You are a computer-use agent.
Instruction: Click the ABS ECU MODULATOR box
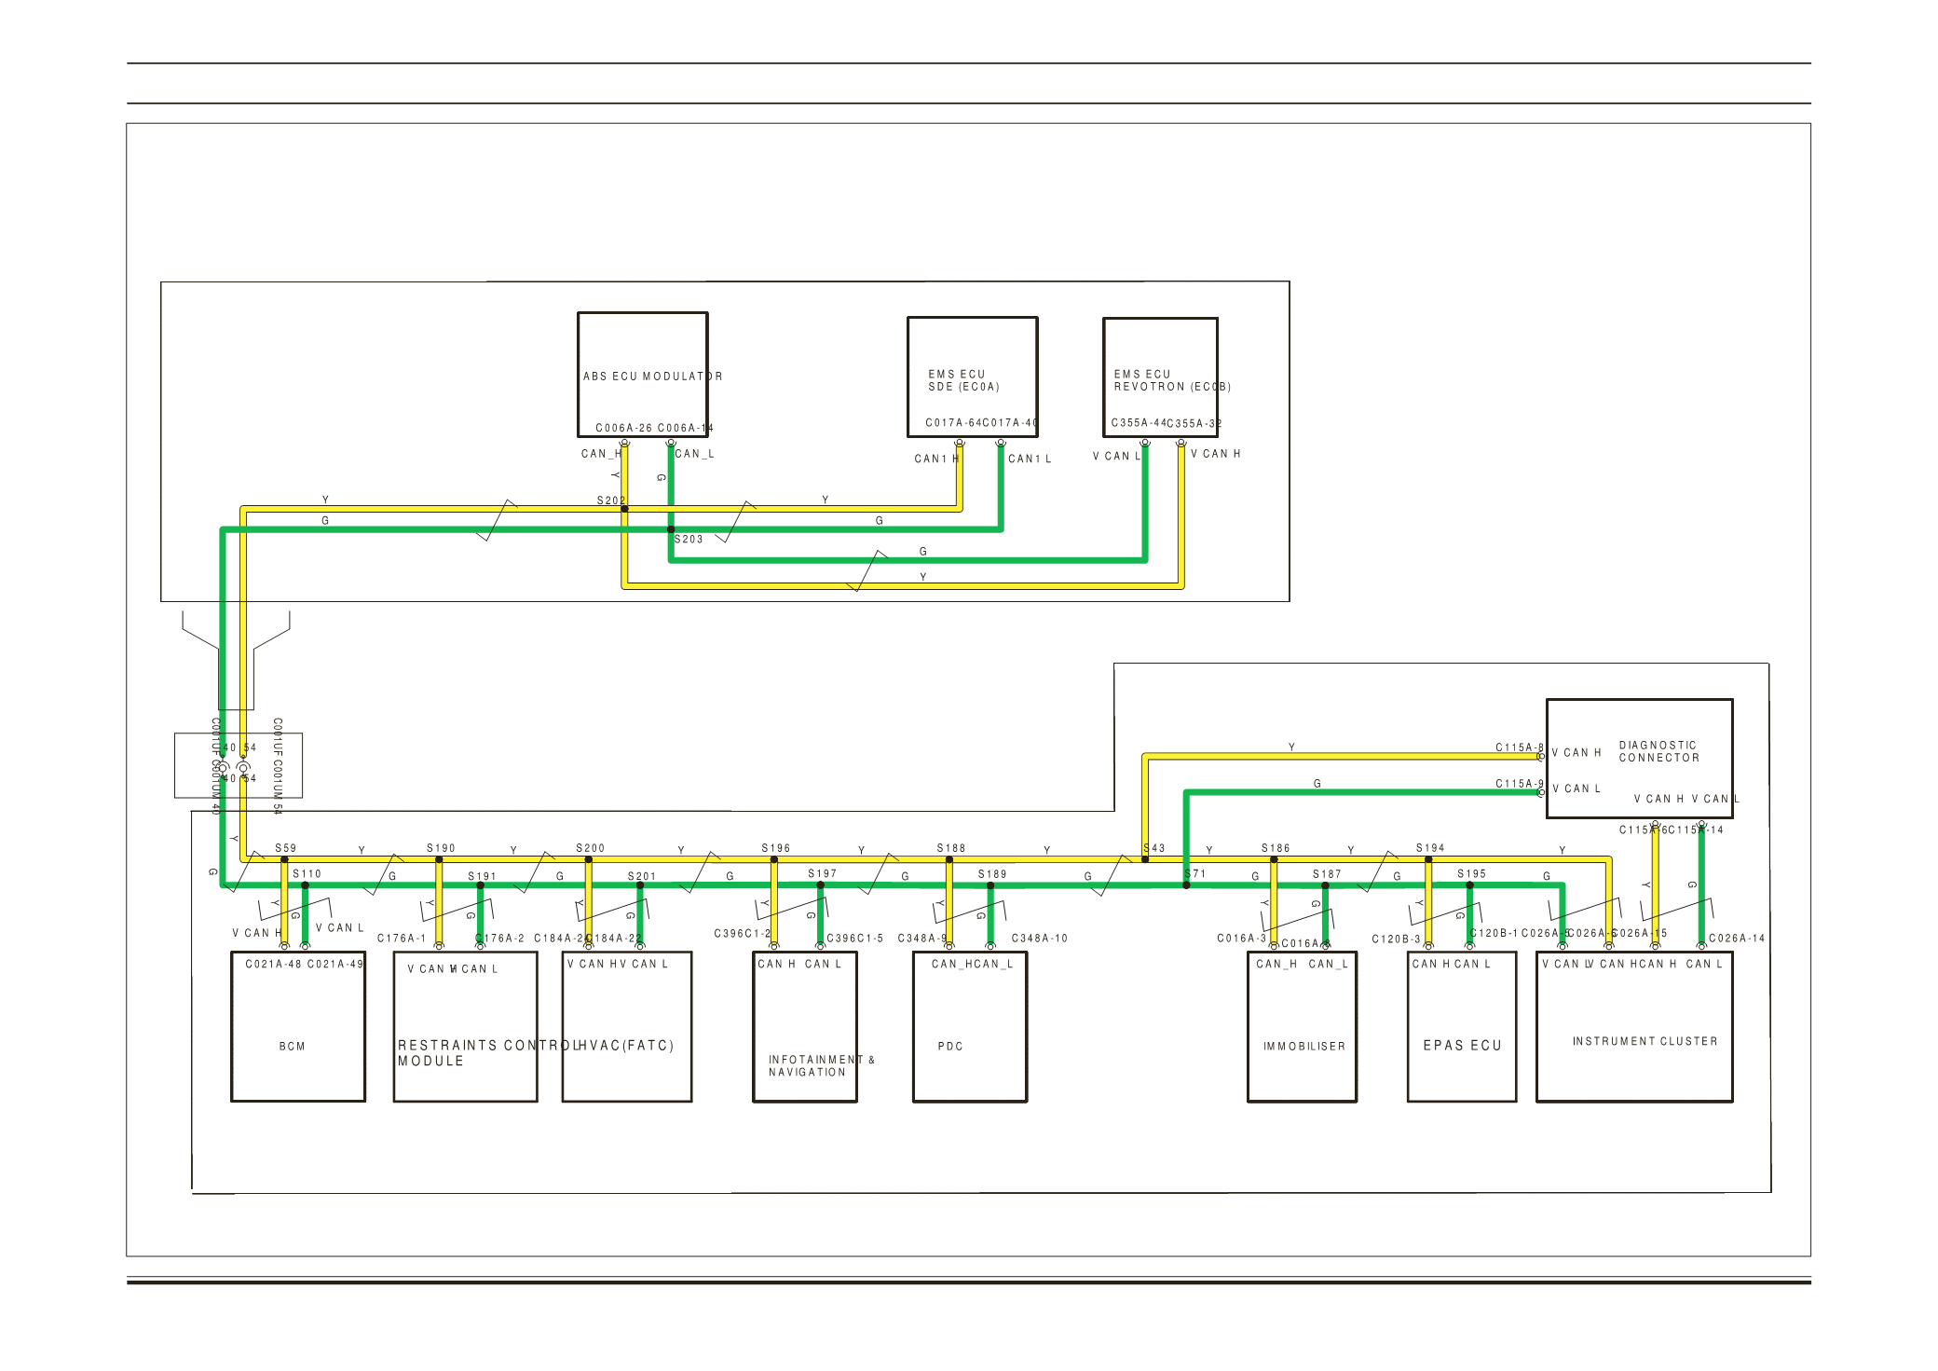click(x=643, y=375)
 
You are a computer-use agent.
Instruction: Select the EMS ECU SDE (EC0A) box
click(x=972, y=377)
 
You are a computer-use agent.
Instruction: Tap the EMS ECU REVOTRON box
click(x=1160, y=377)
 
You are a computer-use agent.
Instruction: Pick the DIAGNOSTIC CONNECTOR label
click(x=1658, y=751)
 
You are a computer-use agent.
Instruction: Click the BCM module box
click(x=297, y=1026)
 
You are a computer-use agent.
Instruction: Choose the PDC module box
click(x=969, y=1026)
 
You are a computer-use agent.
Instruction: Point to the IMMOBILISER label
click(x=1303, y=1047)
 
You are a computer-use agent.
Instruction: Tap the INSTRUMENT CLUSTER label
click(x=1645, y=1041)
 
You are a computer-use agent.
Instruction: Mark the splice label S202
click(x=610, y=500)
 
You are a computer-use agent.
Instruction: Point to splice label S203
click(x=689, y=540)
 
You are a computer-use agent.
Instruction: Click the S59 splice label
click(x=285, y=848)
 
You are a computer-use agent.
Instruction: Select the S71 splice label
click(x=1195, y=873)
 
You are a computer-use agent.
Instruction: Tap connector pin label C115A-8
click(x=1519, y=747)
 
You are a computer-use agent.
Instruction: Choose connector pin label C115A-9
click(x=1519, y=784)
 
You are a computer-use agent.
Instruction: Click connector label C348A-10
click(x=1039, y=939)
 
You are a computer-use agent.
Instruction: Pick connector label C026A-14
click(x=1736, y=939)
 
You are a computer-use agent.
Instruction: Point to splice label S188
click(x=950, y=848)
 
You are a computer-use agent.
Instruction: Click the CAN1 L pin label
click(x=1029, y=459)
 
